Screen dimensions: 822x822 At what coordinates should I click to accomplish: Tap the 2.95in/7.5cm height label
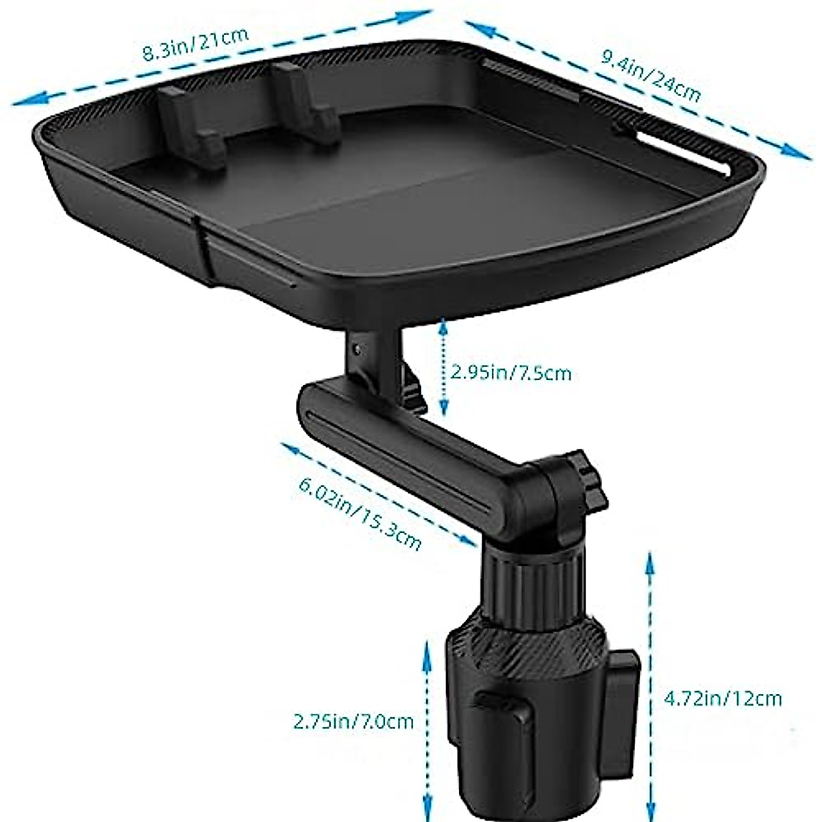510,373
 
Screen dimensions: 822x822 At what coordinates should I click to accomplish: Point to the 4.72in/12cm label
723,699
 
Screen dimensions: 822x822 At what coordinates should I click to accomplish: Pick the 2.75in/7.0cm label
353,721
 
